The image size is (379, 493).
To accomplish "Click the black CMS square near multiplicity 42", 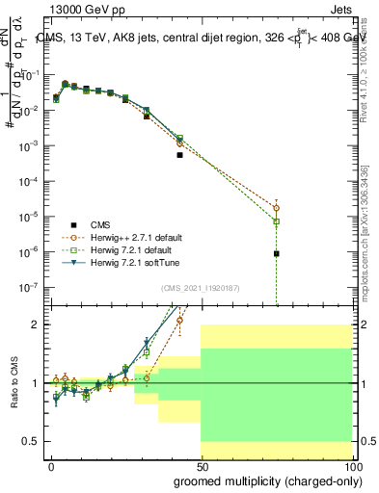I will [x=179, y=154].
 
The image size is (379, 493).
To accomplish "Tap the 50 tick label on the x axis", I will [x=202, y=466].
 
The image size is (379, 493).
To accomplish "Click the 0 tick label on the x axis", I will [x=51, y=466].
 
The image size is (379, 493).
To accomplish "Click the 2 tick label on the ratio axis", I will [x=40, y=324].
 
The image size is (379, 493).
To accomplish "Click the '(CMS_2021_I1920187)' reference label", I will [x=200, y=287].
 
